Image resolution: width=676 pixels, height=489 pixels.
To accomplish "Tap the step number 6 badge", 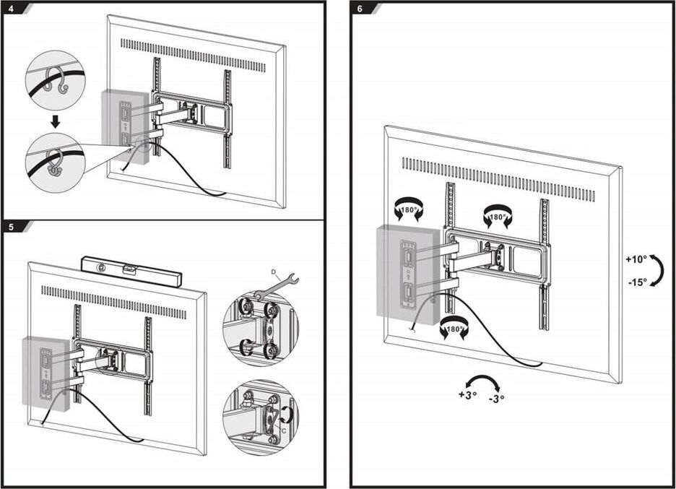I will pos(360,9).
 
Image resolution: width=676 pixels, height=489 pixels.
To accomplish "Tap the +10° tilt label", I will pos(636,259).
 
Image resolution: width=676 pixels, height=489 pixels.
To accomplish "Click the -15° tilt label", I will pos(636,282).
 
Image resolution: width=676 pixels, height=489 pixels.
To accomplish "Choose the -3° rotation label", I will pos(496,398).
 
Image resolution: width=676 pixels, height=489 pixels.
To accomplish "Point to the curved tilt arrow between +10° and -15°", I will pos(656,270).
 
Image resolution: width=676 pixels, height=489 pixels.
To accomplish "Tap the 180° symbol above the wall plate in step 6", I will pos(409,210).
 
